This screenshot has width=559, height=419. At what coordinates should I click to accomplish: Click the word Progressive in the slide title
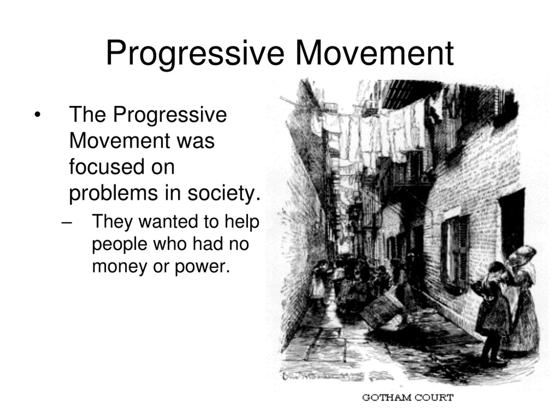point(195,53)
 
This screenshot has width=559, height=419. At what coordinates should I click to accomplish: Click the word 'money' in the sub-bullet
point(119,266)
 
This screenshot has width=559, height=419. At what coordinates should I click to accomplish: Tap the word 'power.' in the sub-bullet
point(202,266)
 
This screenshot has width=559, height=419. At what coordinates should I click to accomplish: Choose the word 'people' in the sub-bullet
point(119,244)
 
